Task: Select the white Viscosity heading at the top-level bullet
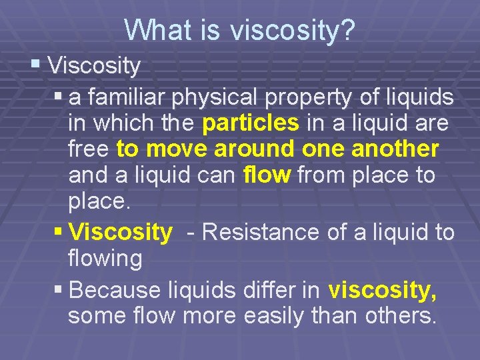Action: point(94,66)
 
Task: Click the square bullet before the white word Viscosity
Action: point(35,65)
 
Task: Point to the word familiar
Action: point(125,98)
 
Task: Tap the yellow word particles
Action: point(251,123)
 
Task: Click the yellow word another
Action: point(399,149)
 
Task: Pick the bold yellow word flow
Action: point(267,175)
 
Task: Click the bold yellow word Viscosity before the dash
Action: point(121,232)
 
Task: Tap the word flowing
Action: point(105,259)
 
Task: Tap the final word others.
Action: point(401,316)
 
